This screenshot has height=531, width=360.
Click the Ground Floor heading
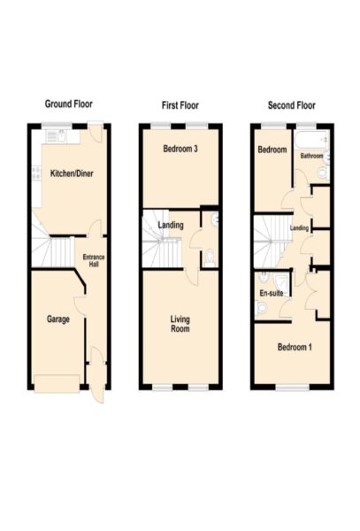click(69, 104)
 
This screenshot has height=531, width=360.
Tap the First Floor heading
click(180, 105)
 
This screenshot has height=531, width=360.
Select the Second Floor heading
click(292, 105)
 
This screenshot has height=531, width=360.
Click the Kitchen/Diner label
click(72, 173)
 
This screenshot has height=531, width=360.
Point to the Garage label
click(58, 319)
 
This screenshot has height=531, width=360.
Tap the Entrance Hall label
click(94, 260)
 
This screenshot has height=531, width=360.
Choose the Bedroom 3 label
click(180, 149)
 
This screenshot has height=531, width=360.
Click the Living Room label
click(180, 324)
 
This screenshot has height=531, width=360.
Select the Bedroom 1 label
click(295, 347)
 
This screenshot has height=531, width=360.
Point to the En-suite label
click(272, 293)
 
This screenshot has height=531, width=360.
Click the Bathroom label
click(311, 156)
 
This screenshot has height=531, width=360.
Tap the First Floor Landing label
click(171, 225)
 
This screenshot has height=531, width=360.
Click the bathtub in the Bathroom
click(311, 140)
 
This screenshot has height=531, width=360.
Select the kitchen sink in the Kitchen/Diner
click(63, 136)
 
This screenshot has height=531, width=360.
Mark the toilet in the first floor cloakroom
click(210, 258)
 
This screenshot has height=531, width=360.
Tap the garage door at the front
click(57, 384)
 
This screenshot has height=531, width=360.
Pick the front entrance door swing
click(98, 375)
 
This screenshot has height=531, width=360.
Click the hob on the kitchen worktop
click(36, 173)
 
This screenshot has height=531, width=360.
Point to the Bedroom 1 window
click(292, 387)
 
